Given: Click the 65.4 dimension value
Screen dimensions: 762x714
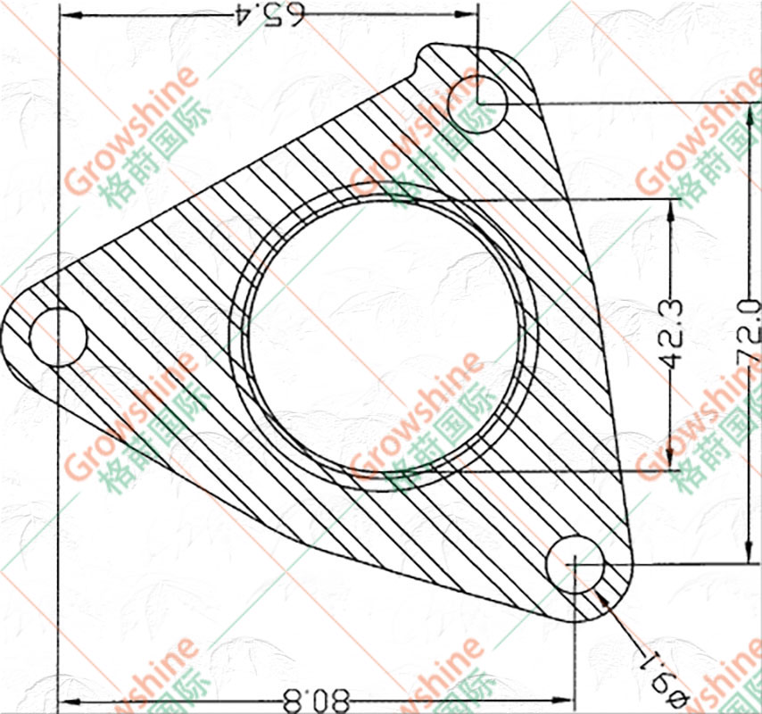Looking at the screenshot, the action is [269, 15].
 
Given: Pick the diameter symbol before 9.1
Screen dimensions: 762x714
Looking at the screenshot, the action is [679, 701].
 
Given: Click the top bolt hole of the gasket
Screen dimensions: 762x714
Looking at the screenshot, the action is [478, 104].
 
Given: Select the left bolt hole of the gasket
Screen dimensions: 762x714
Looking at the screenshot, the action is [58, 337].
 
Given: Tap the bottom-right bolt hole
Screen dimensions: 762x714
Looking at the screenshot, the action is [576, 564].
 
